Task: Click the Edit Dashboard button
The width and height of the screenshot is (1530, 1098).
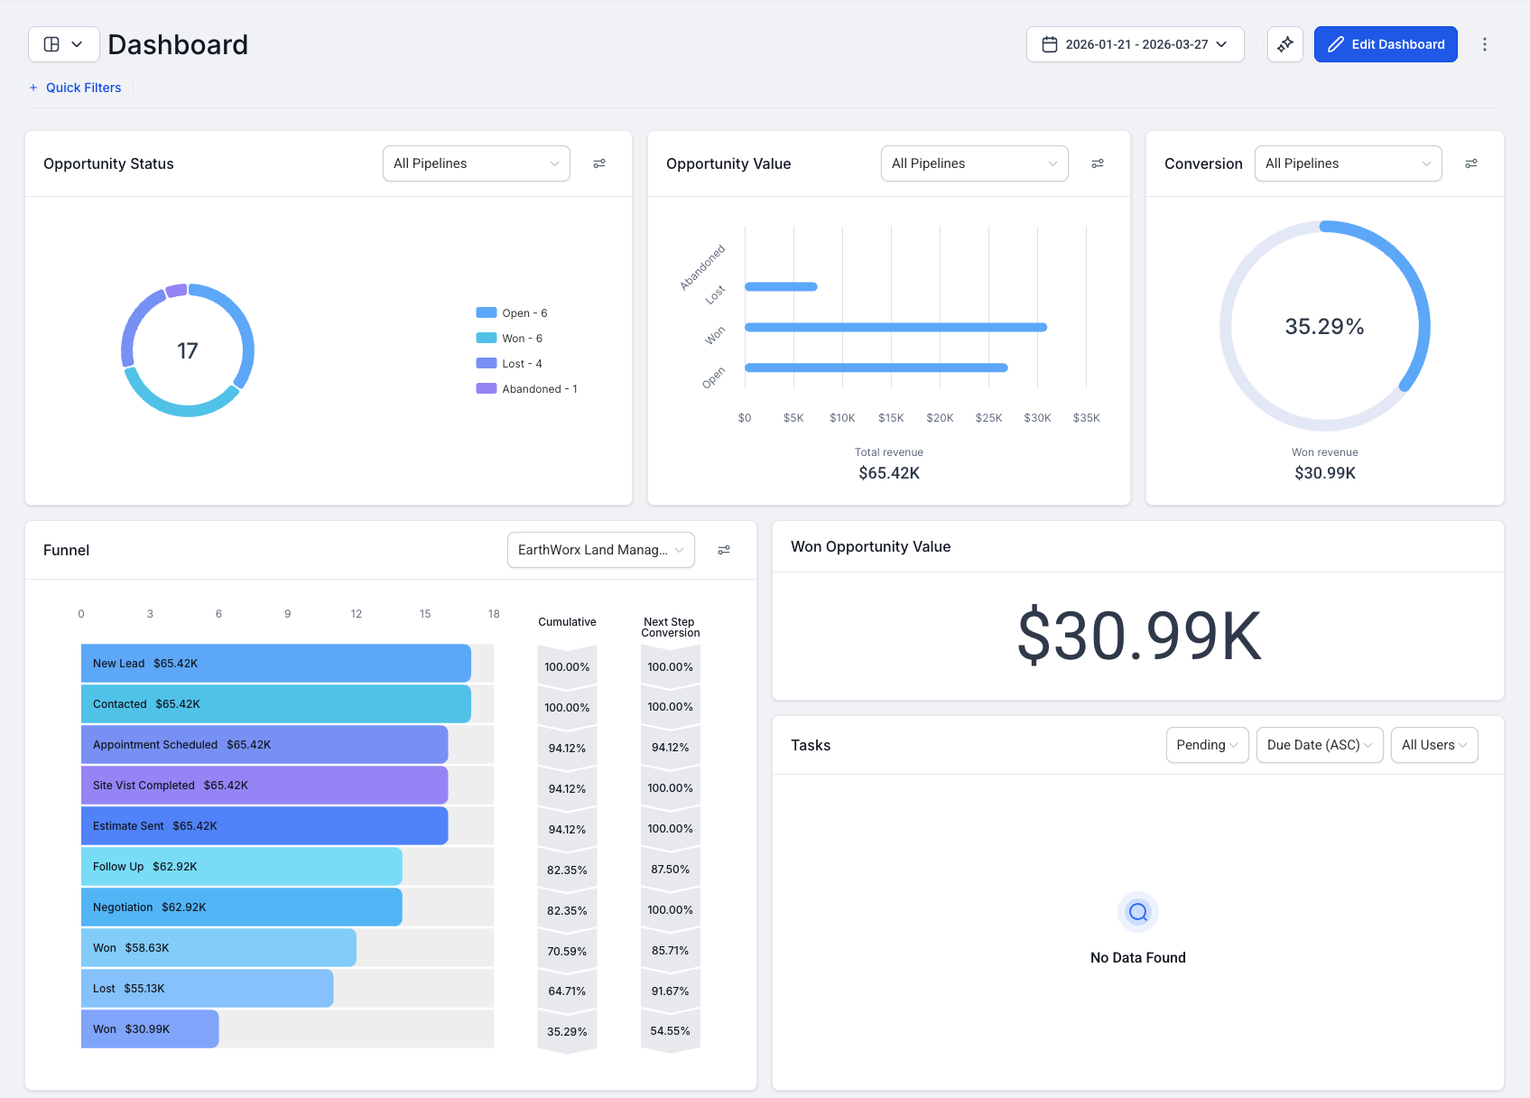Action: [1386, 44]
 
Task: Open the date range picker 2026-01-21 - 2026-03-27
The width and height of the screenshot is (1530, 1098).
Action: [1135, 44]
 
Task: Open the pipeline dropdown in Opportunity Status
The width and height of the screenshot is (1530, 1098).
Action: [476, 163]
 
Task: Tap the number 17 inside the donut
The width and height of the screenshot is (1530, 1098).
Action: [187, 350]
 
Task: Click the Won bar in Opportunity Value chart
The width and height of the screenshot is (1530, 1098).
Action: [895, 327]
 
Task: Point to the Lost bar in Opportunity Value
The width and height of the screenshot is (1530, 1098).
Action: [781, 287]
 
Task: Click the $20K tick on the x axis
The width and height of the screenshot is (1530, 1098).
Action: [940, 418]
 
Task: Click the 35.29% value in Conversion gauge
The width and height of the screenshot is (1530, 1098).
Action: [1324, 326]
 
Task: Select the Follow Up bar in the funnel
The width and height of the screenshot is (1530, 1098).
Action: [241, 867]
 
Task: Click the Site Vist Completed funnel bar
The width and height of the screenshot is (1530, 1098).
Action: [264, 786]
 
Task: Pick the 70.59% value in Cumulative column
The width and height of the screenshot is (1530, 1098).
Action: [567, 951]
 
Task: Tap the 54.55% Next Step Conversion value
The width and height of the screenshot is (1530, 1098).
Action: [670, 1031]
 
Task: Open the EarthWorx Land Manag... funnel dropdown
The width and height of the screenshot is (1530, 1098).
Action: [600, 550]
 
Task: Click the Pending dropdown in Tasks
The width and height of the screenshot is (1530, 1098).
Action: [1207, 745]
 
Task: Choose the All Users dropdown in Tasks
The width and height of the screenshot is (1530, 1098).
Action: [1433, 745]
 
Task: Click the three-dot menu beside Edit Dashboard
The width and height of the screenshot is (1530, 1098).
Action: [1484, 44]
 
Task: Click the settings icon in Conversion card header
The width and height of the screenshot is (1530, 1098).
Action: [1470, 163]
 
